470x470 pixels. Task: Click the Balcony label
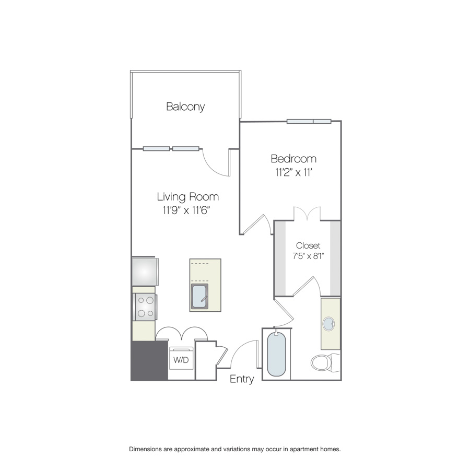coord(185,107)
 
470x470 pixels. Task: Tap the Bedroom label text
coord(293,159)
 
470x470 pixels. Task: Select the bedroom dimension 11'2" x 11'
coord(293,172)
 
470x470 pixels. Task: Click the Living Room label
coord(188,197)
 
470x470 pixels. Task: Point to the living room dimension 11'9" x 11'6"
coord(186,210)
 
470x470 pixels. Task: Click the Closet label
coord(308,245)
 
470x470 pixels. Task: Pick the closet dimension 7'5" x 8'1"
coord(309,256)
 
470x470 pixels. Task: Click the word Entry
coord(242,379)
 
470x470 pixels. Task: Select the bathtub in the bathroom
coord(276,354)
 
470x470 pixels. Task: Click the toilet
coord(325,362)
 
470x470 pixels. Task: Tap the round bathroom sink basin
coord(329,324)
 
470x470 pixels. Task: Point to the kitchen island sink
coord(199,297)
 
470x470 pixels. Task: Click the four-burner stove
coord(145,307)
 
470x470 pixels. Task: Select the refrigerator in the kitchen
coord(145,272)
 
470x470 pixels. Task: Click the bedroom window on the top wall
coord(309,121)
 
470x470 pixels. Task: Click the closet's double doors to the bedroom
coord(307,214)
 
